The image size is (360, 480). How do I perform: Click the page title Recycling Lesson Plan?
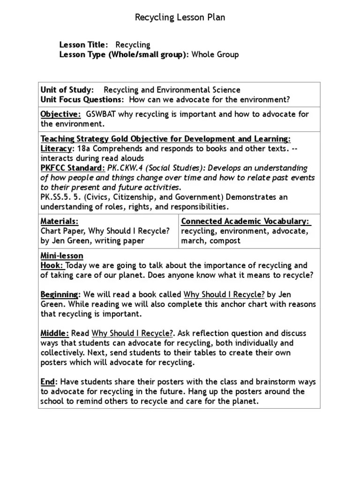[x=180, y=18]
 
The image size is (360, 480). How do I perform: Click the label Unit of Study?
[x=67, y=90]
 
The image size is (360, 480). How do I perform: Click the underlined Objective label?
[x=60, y=114]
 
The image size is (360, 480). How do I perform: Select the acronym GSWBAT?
[x=102, y=114]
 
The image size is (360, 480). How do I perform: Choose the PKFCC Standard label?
[x=73, y=168]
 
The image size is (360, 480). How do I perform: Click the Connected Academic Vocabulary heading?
[x=246, y=221]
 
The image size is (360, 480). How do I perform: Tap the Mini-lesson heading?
[x=62, y=256]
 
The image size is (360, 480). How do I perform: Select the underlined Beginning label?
[x=59, y=295]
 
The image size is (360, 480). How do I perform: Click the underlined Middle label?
[x=55, y=333]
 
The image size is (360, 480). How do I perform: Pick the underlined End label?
[x=47, y=382]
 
